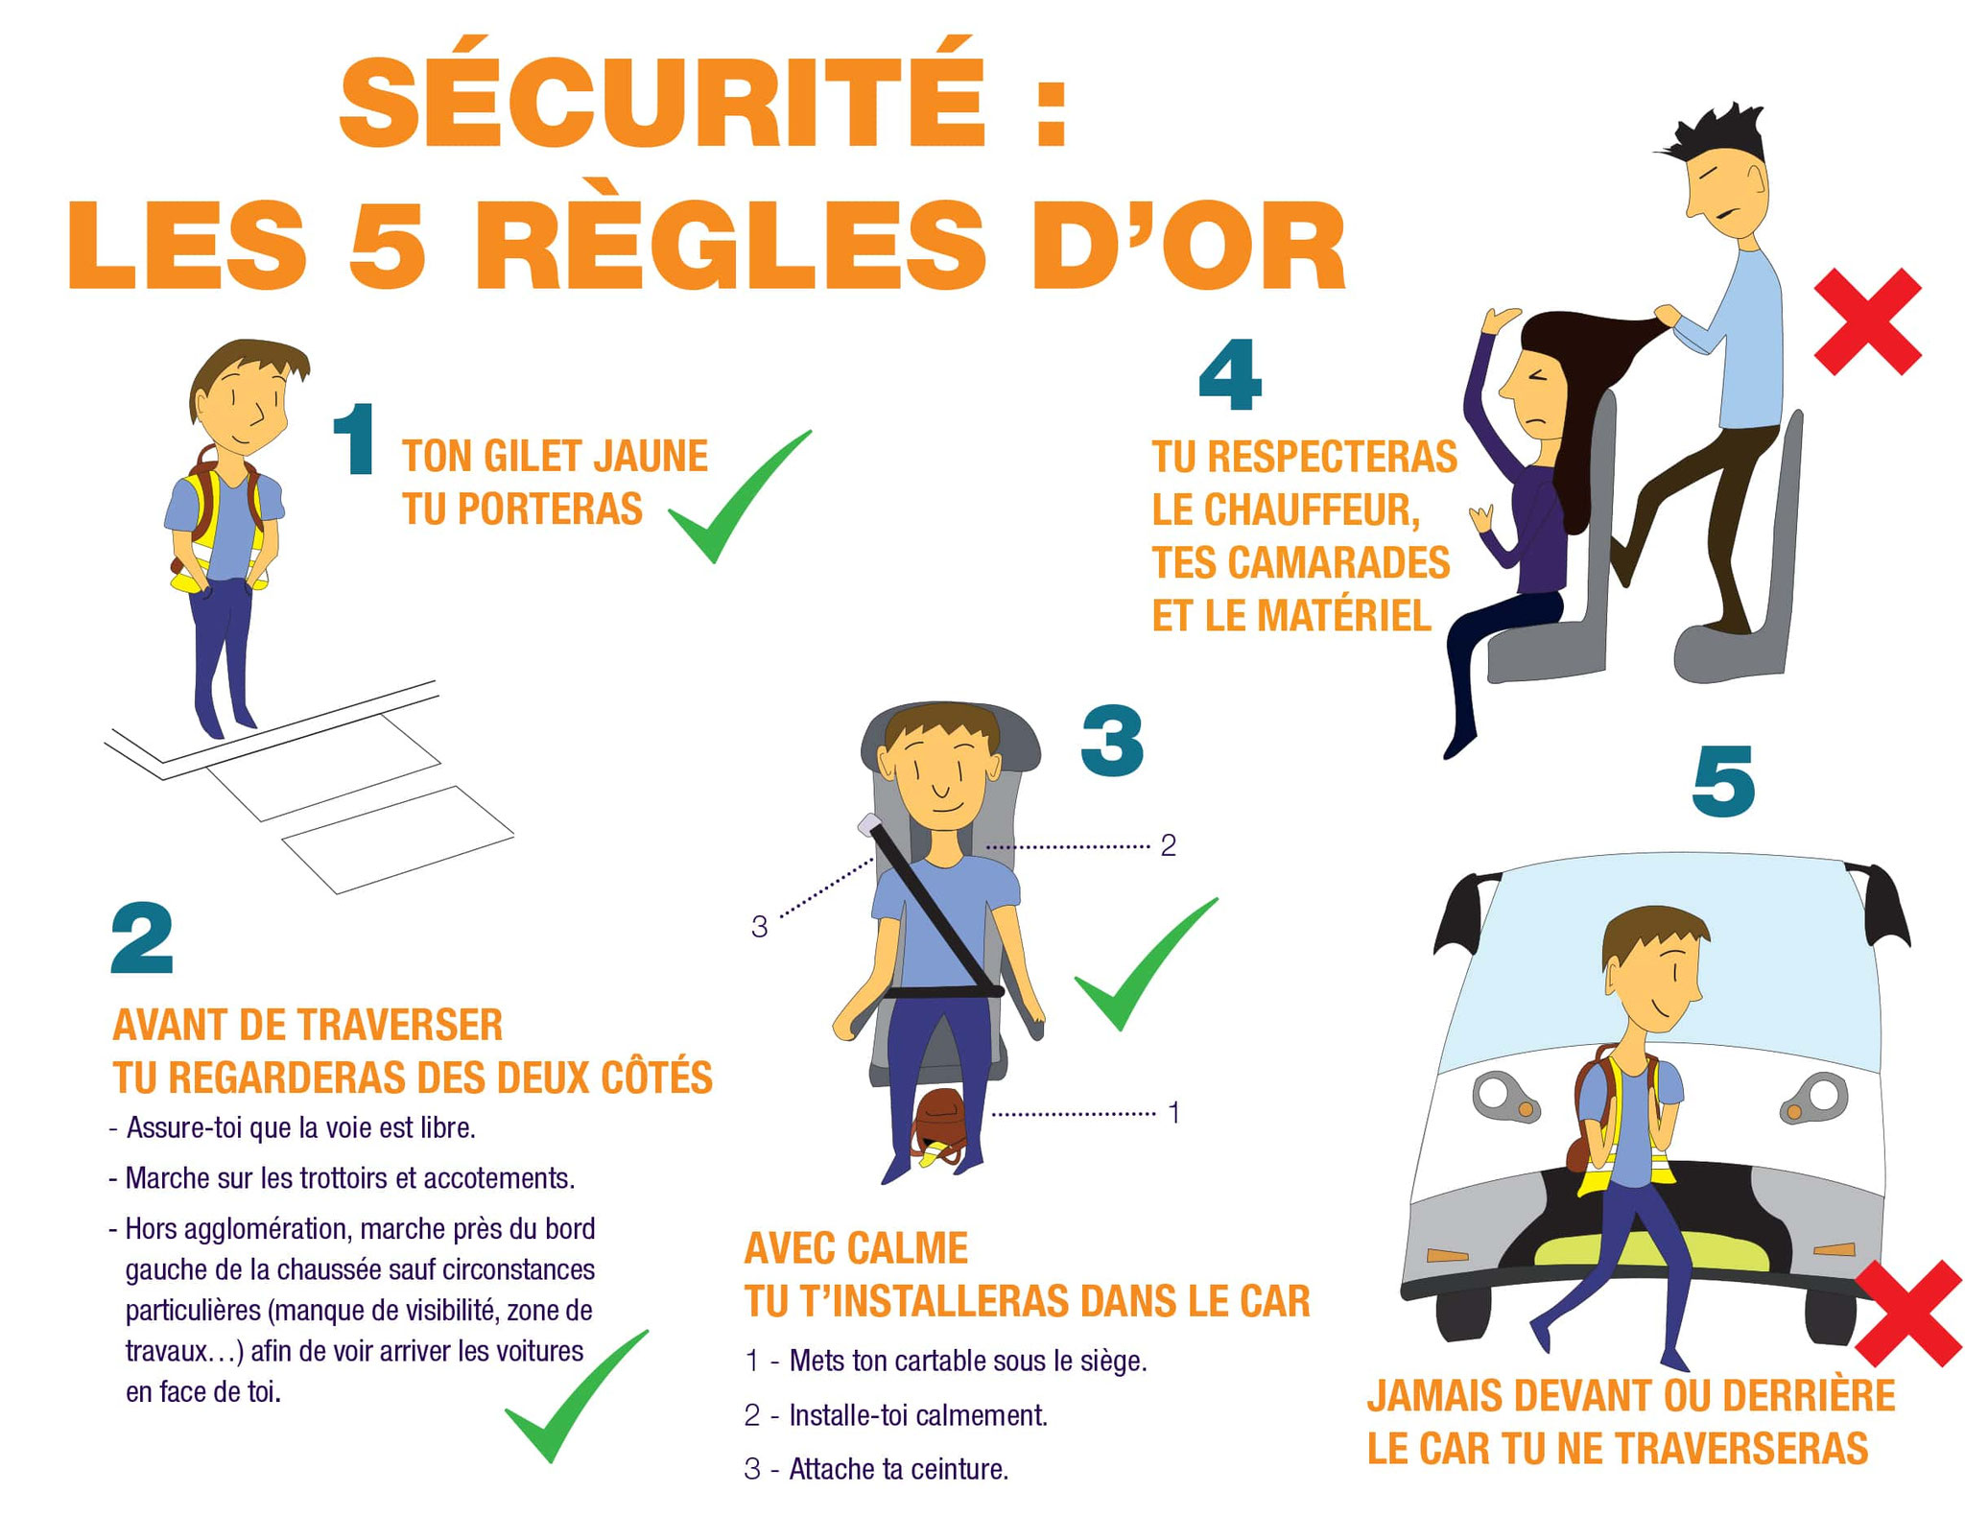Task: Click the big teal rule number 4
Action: click(x=1230, y=374)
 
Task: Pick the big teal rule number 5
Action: click(x=1723, y=782)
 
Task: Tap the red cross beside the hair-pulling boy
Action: click(x=1867, y=321)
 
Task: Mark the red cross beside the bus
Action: click(x=1907, y=1313)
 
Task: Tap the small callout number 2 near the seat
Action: click(x=1168, y=845)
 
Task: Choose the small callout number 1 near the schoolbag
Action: click(x=1172, y=1113)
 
